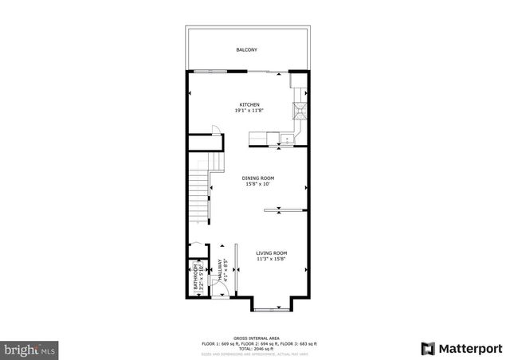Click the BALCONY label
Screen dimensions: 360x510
pos(246,50)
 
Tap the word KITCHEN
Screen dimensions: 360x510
pos(250,104)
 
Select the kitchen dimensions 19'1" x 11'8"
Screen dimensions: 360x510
pos(249,111)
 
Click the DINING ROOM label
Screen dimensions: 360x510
pos(258,178)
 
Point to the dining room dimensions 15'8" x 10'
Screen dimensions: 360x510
pos(257,185)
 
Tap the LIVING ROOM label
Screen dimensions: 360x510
pos(272,252)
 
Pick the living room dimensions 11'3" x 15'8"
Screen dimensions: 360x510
pos(272,259)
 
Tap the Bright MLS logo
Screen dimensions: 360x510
pos(29,349)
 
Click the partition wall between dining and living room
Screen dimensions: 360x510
pos(284,210)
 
